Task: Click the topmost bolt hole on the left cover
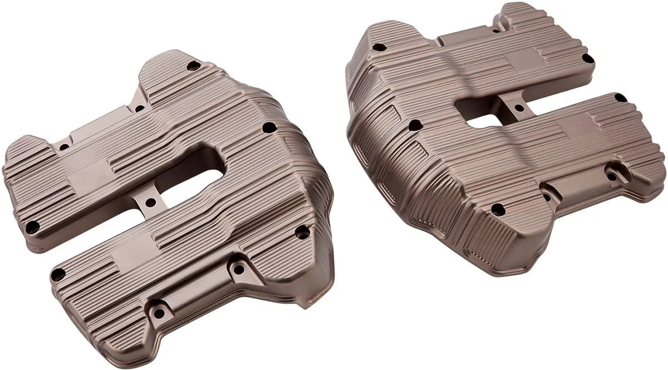[x=193, y=66]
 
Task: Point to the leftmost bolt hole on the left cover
[x=33, y=226]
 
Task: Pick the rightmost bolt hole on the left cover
[x=302, y=231]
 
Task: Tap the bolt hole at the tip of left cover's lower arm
[x=58, y=274]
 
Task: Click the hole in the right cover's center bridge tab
[x=519, y=108]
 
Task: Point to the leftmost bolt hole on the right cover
[x=379, y=47]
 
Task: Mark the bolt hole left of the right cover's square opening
[x=415, y=125]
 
